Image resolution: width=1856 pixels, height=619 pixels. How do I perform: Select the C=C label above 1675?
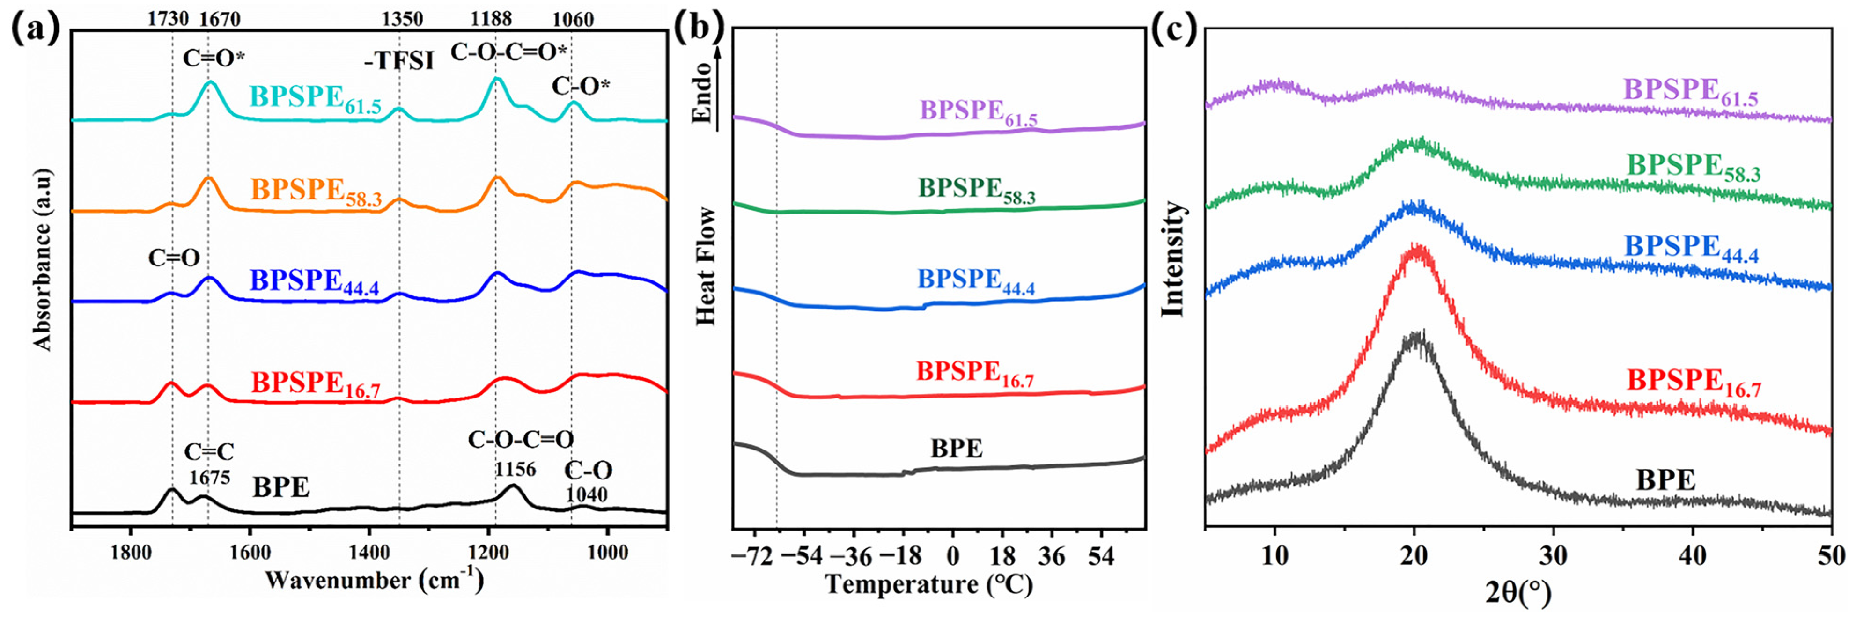click(x=209, y=452)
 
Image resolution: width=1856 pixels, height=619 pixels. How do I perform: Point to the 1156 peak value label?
click(x=515, y=470)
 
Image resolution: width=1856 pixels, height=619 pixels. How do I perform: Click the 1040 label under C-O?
click(x=586, y=494)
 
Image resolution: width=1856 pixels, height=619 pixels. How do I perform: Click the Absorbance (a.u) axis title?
click(x=43, y=259)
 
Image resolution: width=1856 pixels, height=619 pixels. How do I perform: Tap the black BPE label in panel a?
click(x=281, y=488)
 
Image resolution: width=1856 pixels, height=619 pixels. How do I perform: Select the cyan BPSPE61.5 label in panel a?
click(x=315, y=98)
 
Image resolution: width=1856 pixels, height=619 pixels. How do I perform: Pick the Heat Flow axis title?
click(x=706, y=266)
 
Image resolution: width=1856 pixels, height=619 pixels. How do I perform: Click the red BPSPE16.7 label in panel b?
click(x=974, y=373)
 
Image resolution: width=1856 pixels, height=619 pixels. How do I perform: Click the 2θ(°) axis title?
click(x=1517, y=592)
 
